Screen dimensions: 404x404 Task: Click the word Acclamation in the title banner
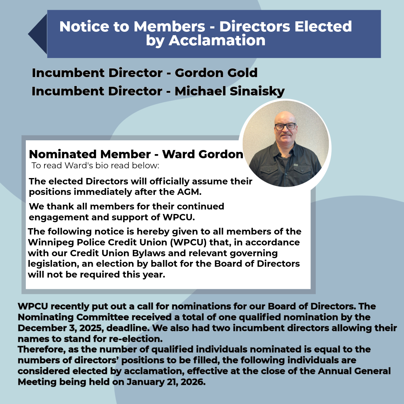click(217, 40)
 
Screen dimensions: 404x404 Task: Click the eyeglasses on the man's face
click(285, 126)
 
